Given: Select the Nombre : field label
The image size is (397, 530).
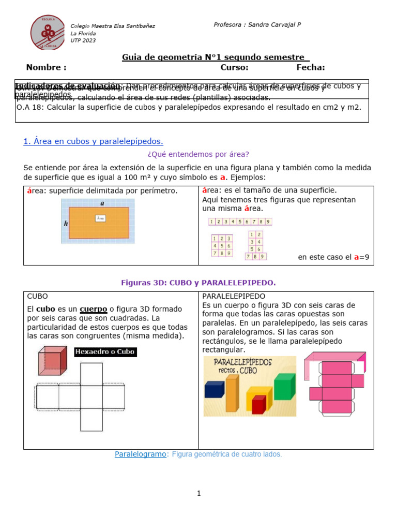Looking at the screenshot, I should tap(46, 67).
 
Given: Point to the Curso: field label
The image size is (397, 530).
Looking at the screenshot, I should tap(234, 67).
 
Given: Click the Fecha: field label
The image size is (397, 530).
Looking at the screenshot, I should tap(310, 67).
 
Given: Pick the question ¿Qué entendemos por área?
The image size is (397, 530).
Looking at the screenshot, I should tap(198, 154).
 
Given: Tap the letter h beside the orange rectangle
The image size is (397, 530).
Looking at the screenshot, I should tap(66, 224).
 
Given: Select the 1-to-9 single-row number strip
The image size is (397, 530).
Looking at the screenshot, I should tap(240, 222).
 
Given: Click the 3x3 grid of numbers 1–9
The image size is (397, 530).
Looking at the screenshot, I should tap(221, 246).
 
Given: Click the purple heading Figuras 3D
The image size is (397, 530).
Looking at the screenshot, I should tap(198, 283).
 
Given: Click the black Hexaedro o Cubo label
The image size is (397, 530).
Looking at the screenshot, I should tap(105, 352).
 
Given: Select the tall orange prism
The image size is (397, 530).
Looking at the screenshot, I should tap(232, 393).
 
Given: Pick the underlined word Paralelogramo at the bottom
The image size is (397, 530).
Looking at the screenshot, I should tap(140, 454).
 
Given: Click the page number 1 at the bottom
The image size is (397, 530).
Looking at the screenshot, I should tap(198, 494).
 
